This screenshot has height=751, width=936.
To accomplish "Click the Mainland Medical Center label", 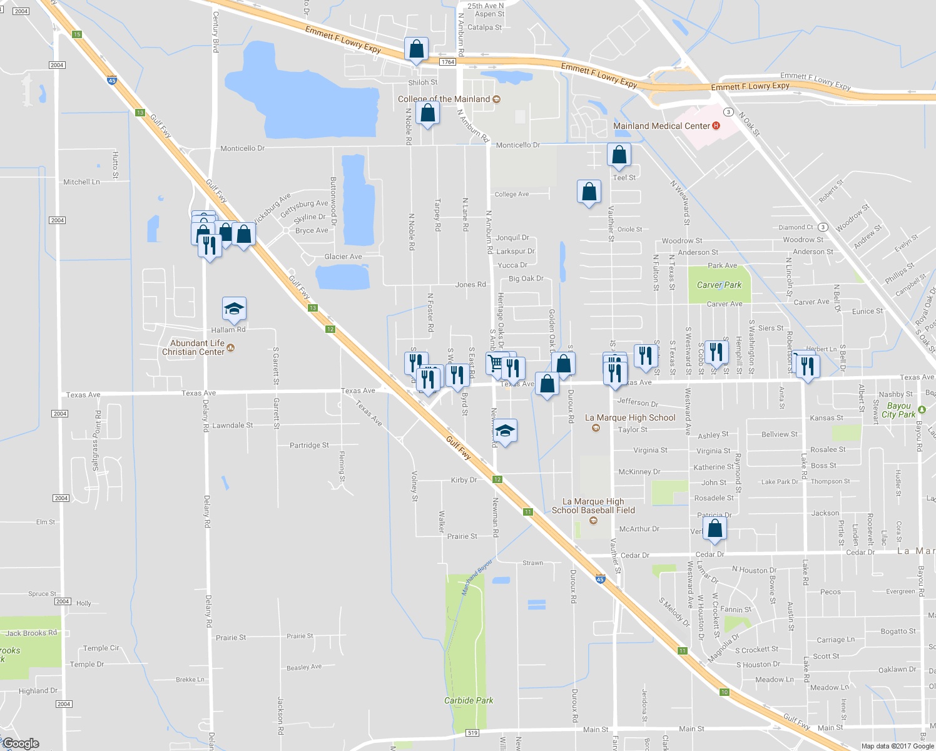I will coord(662,126).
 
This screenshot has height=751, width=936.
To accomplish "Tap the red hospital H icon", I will coord(716,126).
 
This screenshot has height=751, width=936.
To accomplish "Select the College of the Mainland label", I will coord(444,99).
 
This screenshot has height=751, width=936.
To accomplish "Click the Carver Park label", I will coord(719,285).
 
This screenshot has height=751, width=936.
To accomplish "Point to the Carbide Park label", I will coord(469,700).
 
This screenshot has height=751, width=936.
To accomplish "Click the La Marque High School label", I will coord(630,417).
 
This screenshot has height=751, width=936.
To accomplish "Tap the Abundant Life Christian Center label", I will coord(197,347).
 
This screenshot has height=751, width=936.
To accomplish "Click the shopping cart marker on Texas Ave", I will coord(496,364).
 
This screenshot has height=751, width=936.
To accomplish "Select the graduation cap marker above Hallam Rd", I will coord(234,309).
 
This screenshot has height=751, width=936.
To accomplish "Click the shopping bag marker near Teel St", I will coord(619,155).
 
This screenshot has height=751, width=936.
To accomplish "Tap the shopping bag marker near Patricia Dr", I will coord(715,529).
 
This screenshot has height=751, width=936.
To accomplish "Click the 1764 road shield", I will coord(447,62).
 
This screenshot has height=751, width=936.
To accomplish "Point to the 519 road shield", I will coord(472,733).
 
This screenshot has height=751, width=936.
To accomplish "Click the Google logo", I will coord(21,743).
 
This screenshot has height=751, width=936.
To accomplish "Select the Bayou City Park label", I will coord(898,410).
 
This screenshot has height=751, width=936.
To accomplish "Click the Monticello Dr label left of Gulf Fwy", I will coord(242,148).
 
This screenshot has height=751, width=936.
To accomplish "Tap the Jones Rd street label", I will coord(470,285).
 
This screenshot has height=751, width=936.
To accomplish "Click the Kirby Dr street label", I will coord(464,480).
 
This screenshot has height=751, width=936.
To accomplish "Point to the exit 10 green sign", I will coord(725,692).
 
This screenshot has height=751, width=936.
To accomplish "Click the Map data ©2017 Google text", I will coord(897,746).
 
